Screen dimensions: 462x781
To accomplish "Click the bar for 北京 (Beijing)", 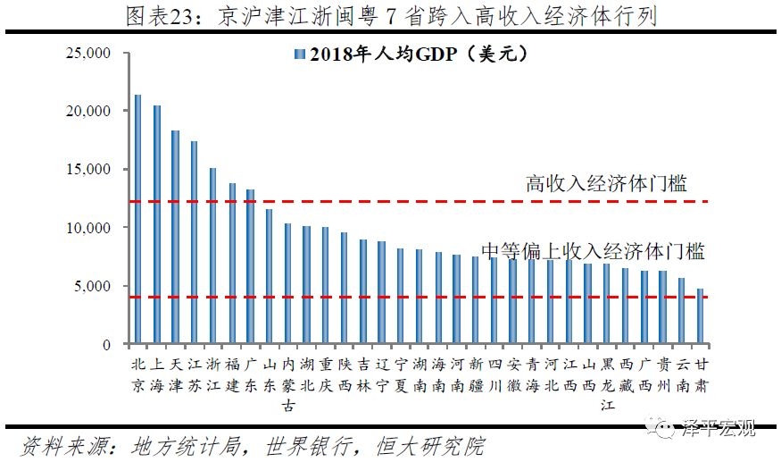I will [137, 219].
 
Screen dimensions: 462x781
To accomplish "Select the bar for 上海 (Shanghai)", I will [157, 224].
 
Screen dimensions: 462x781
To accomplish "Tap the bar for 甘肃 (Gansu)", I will [701, 316].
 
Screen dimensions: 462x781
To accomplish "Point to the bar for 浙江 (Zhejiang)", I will [212, 256].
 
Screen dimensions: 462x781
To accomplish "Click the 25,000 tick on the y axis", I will [88, 54].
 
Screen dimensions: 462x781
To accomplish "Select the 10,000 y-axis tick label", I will [88, 228].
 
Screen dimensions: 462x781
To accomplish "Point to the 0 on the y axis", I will [105, 345].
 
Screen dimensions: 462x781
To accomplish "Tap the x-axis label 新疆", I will [476, 376].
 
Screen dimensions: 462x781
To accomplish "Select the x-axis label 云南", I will [682, 376].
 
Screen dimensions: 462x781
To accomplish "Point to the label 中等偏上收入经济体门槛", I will [593, 251].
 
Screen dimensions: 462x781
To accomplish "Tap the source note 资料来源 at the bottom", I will [254, 446].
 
